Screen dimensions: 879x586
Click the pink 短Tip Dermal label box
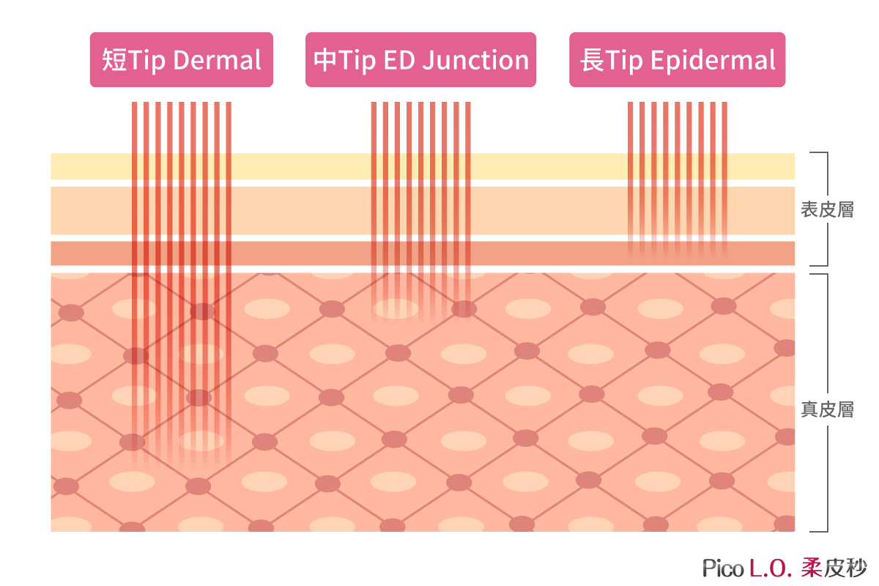pos(182,59)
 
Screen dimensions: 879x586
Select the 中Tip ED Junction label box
pos(420,59)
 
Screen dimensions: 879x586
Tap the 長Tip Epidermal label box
pos(678,59)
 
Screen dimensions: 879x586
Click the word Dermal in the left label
pos(217,60)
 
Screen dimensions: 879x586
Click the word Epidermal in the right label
pos(713,61)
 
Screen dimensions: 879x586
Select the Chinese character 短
pos(114,60)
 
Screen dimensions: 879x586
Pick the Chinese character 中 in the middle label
pos(325,60)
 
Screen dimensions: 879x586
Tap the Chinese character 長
pos(592,60)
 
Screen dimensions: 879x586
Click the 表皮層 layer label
pos(827,209)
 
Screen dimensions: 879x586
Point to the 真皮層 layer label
pos(827,409)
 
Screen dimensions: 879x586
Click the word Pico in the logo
pos(723,568)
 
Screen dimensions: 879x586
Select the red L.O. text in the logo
pos(769,568)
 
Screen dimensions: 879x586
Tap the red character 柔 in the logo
pos(811,568)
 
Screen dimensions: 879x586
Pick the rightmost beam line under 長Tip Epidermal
pos(724,179)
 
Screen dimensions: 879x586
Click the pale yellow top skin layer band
pos(423,166)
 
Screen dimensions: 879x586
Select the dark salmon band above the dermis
pos(423,253)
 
